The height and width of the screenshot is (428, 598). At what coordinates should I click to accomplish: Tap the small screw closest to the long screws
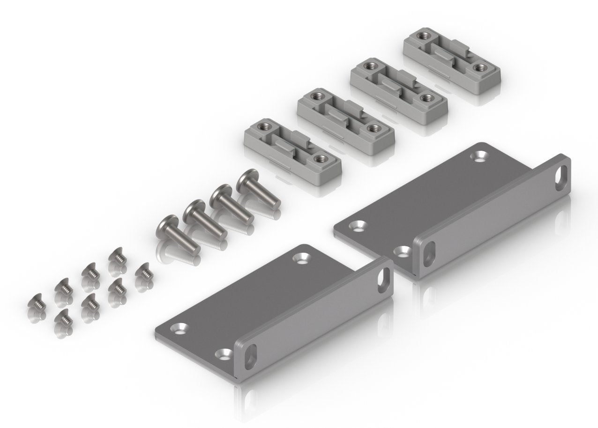coord(144,272)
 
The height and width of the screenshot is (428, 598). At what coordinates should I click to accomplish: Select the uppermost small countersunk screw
coord(117,256)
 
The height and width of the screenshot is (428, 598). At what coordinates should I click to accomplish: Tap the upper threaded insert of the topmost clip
coord(426,34)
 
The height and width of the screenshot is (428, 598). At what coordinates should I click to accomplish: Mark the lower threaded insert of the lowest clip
coord(320,160)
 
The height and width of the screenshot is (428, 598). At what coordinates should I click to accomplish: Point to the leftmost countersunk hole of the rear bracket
coord(358,226)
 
